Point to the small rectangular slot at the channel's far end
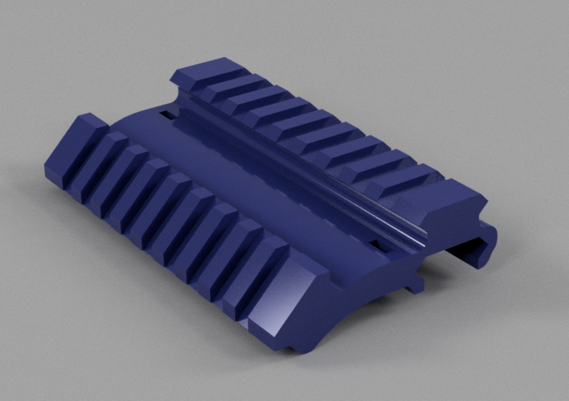click(x=167, y=116)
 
